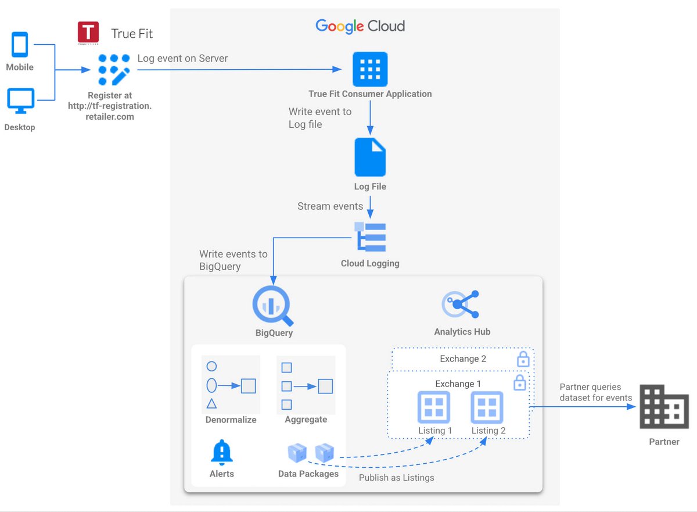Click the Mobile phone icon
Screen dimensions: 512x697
point(20,45)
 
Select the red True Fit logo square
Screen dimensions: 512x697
point(88,33)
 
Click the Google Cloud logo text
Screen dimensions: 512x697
point(360,26)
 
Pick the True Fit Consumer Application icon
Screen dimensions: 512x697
point(370,69)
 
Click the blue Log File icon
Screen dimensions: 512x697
point(370,157)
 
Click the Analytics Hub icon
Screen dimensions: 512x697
point(461,304)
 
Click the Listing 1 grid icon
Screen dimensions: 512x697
point(434,407)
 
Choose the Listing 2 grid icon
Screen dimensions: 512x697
point(487,407)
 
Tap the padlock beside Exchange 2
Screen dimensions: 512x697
point(523,359)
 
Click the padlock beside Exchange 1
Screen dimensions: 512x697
point(520,382)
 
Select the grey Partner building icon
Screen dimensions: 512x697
point(664,407)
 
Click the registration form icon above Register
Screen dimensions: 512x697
point(113,70)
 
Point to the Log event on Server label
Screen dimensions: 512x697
point(182,58)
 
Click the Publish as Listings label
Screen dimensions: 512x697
point(396,478)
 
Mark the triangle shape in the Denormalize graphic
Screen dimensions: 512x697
point(212,403)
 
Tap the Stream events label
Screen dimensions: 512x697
point(330,206)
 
